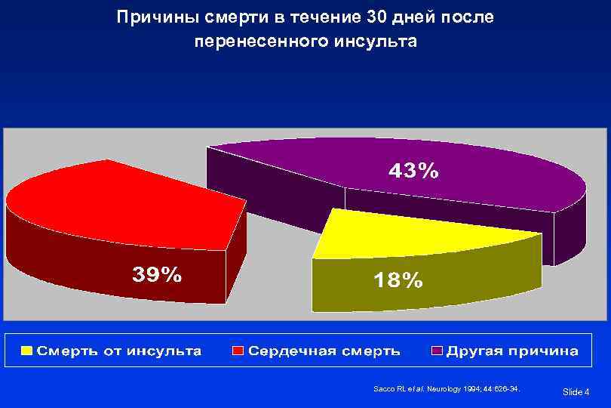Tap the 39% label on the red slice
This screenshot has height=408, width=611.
(x=157, y=274)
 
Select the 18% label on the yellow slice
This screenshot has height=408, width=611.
(x=398, y=280)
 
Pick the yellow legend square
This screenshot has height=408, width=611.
(x=28, y=351)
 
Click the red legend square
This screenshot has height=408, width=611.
(x=238, y=351)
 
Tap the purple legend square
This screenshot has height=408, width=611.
(x=437, y=351)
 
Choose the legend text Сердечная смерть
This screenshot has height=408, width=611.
(x=324, y=351)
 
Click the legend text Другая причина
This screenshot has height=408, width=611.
(x=512, y=351)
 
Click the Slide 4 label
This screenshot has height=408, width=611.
(x=576, y=391)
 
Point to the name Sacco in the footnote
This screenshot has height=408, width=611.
(x=383, y=389)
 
